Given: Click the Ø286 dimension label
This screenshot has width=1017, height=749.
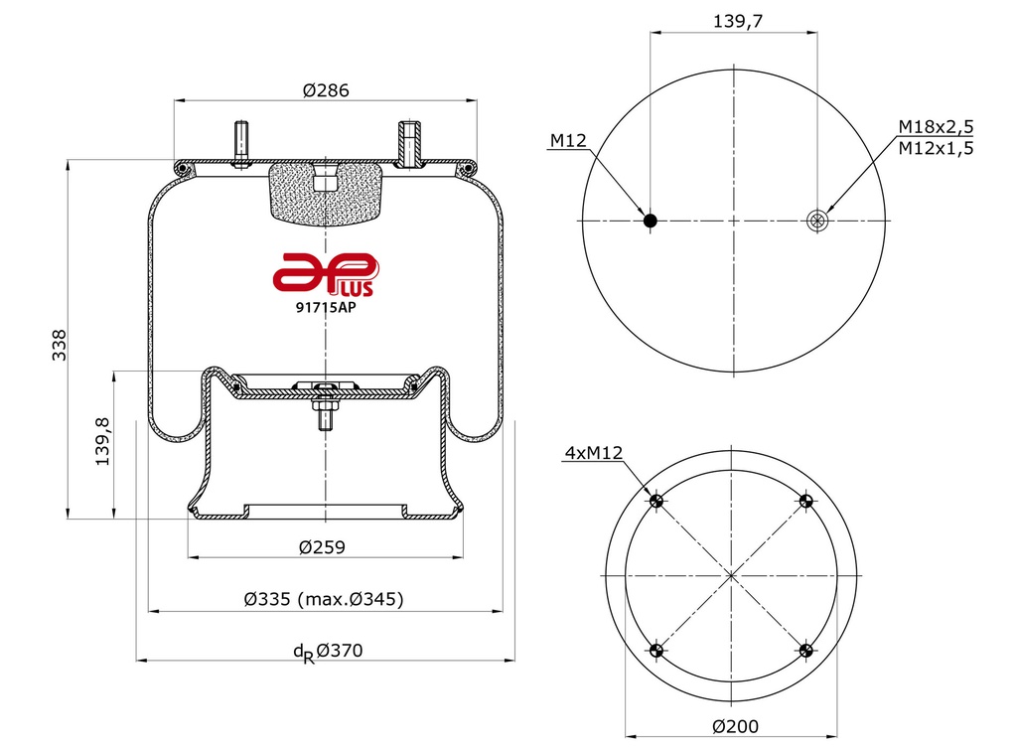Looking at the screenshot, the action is click(x=326, y=90).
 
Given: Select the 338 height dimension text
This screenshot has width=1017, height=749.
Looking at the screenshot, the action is click(x=59, y=345).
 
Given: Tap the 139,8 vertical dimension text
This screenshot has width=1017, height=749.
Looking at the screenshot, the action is click(x=103, y=442).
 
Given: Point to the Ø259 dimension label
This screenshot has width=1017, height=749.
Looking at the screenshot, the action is click(x=323, y=547).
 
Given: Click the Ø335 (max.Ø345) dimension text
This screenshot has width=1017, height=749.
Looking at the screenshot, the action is click(x=324, y=599).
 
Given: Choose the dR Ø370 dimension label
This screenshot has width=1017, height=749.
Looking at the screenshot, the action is click(x=328, y=651).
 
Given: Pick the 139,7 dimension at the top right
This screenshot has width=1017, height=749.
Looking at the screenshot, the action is click(x=738, y=22).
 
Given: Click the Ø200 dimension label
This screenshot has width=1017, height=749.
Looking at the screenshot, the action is click(x=736, y=726).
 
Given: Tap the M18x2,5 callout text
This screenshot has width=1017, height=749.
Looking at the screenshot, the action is click(x=936, y=126).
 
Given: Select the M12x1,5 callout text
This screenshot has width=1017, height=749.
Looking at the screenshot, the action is click(x=936, y=148).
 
